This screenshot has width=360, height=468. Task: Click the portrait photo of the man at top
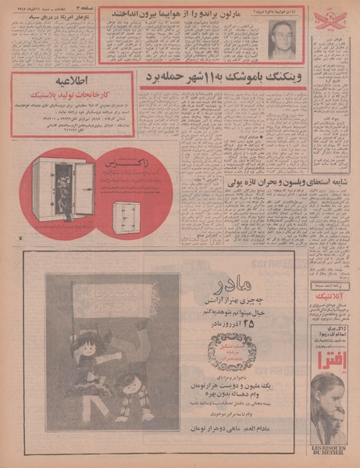[280, 38]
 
